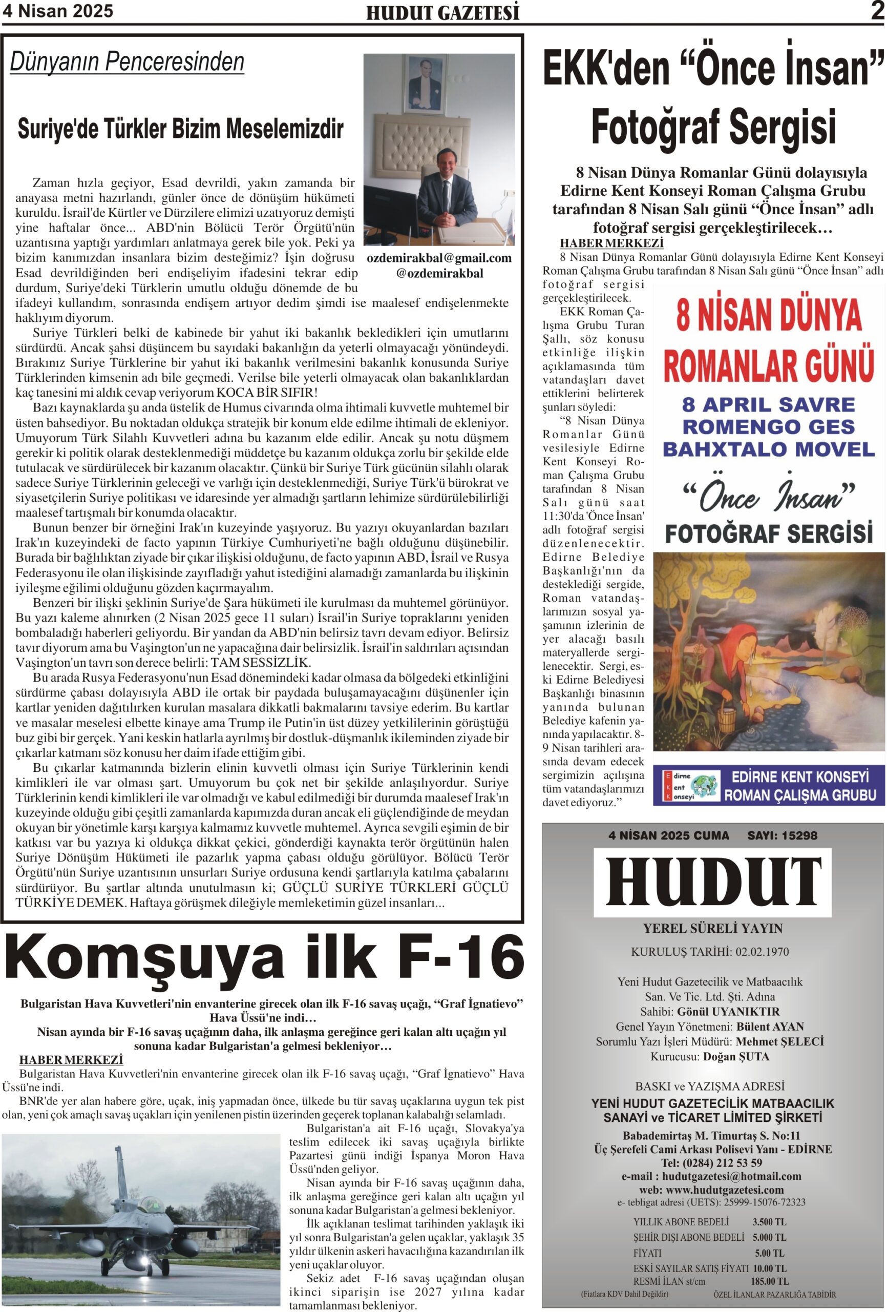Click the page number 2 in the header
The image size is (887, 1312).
(x=876, y=11)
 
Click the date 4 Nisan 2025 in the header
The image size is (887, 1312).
(x=57, y=11)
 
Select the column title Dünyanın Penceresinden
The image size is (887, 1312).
(x=127, y=62)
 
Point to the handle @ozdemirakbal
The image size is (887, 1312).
(x=439, y=273)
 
